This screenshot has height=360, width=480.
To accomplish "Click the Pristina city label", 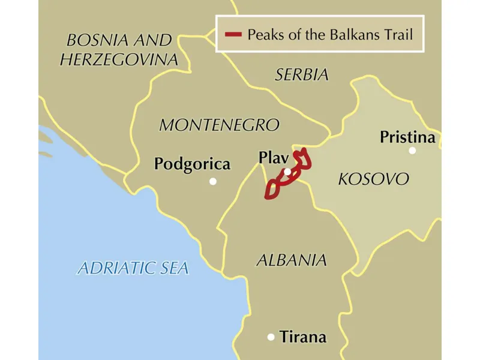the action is point(407,137).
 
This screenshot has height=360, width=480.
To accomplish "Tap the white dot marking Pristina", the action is point(412,151).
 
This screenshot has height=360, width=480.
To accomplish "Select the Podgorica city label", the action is point(192,164).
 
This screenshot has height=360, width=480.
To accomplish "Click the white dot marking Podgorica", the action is point(212,181).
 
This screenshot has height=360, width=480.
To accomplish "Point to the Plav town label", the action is point(274,157).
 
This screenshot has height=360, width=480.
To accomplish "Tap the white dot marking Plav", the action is point(287,172).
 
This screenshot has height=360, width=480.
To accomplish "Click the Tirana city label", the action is point(303,337).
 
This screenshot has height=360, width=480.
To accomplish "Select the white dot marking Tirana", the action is point(271,337).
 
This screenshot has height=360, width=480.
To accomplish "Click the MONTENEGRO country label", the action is point(219,125).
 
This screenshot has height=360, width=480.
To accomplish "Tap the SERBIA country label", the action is point(302,75).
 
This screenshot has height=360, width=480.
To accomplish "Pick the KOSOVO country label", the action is point(373,179).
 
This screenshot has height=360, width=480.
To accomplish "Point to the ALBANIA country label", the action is point(292,260).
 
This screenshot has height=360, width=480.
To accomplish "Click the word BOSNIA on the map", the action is point(95,41).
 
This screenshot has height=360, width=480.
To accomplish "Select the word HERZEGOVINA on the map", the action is point(119,59).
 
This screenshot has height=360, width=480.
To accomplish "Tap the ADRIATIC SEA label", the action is point(133,268).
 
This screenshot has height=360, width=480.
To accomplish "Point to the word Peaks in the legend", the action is point(265,34).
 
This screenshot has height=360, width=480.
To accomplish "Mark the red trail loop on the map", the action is point(277,182).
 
